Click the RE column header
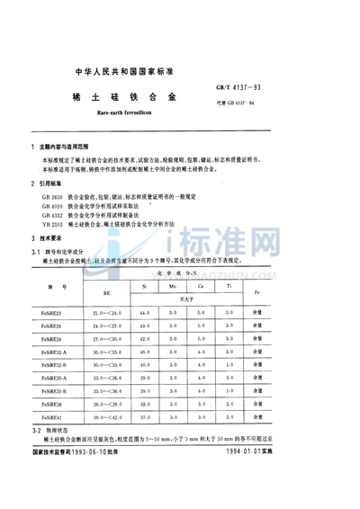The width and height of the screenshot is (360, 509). pos(109,292)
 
